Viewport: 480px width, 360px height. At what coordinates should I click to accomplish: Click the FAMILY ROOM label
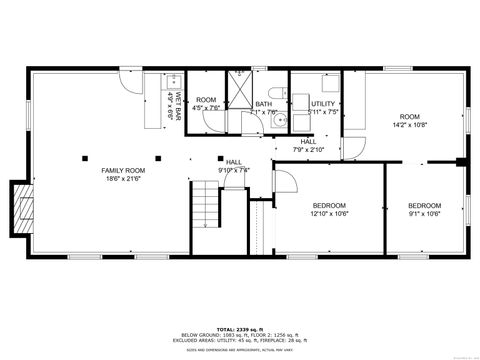click(x=123, y=170)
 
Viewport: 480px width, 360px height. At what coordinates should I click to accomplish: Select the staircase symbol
click(x=206, y=207)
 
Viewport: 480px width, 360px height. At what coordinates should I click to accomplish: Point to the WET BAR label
click(x=175, y=105)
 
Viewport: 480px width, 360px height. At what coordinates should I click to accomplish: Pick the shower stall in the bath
click(x=240, y=85)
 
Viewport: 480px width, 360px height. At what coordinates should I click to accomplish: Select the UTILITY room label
click(x=323, y=104)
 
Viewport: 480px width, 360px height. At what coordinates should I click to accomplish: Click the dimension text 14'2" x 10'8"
click(x=411, y=126)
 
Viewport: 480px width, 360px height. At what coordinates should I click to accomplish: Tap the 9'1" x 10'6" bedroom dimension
click(x=424, y=213)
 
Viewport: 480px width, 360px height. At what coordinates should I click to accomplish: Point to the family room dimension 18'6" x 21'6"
click(x=123, y=179)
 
